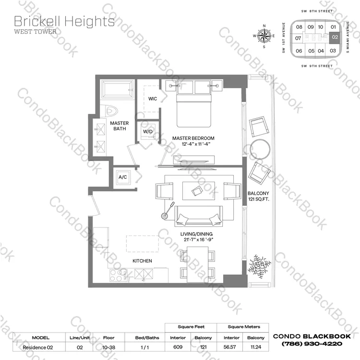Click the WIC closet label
pyautogui.click(x=153, y=99)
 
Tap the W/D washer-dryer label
pyautogui.click(x=148, y=132)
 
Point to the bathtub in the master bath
pyautogui.click(x=117, y=90)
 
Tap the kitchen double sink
pyautogui.click(x=144, y=274)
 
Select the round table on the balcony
pyautogui.click(x=260, y=149)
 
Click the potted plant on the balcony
pyautogui.click(x=259, y=266)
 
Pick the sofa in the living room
pyautogui.click(x=198, y=216)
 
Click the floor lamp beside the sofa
pyautogui.click(x=168, y=211)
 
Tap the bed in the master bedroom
pyautogui.click(x=193, y=103)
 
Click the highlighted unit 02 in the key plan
pyautogui.click(x=335, y=37)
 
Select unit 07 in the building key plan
pyautogui.click(x=298, y=38)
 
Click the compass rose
pyautogui.click(x=264, y=36)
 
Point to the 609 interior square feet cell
pyautogui.click(x=178, y=347)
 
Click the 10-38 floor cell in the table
pyautogui.click(x=108, y=348)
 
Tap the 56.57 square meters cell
pyautogui.click(x=230, y=347)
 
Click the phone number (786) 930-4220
pyautogui.click(x=312, y=344)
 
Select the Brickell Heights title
pyautogui.click(x=64, y=21)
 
